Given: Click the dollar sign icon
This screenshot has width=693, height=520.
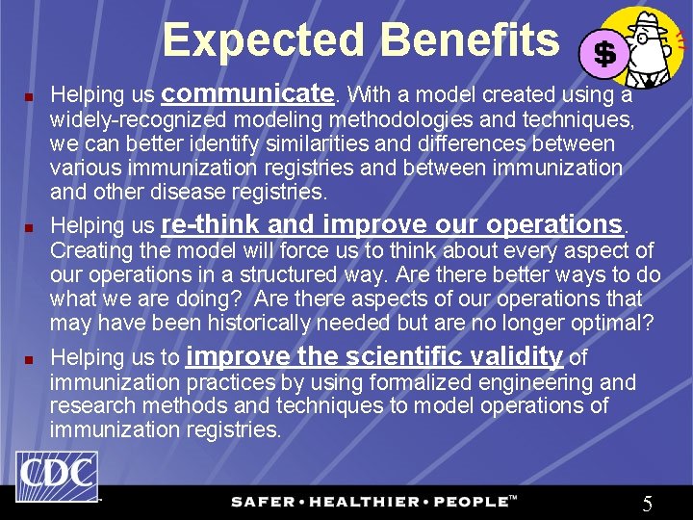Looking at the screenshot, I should pyautogui.click(x=604, y=54).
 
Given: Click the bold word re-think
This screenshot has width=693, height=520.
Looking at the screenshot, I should pyautogui.click(x=210, y=224).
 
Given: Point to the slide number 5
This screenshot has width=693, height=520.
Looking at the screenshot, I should pyautogui.click(x=648, y=503).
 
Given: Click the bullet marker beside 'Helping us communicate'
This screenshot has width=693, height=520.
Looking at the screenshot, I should pyautogui.click(x=29, y=97).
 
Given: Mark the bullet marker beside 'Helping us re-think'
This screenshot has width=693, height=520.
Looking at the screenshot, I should pyautogui.click(x=29, y=228).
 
